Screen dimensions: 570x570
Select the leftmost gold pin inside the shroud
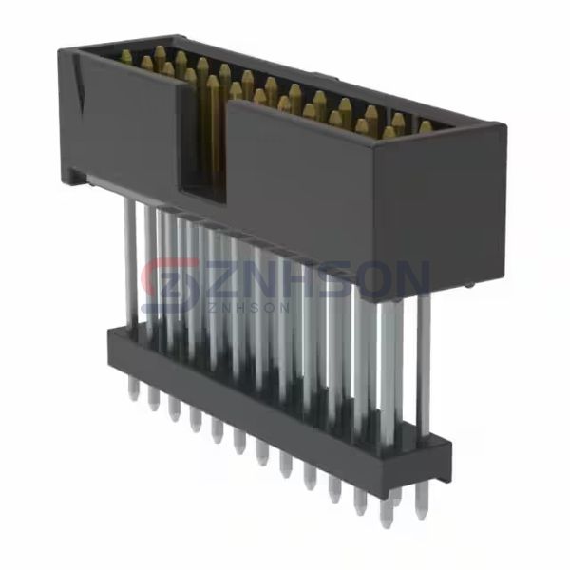tap(126, 57)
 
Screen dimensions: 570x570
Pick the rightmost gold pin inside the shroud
tap(425, 126)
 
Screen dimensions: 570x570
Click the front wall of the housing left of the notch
tap(128, 123)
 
